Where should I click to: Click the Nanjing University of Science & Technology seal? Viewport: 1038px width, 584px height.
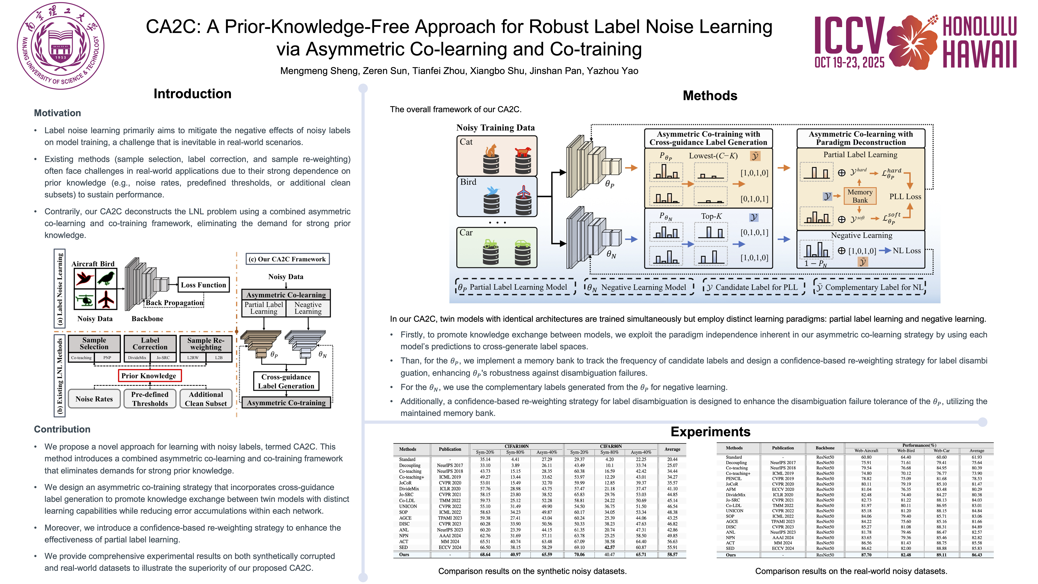(60, 46)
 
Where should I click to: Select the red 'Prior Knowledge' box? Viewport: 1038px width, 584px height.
(149, 376)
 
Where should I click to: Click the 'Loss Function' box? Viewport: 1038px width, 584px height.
(204, 285)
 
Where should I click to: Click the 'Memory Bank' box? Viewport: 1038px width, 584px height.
(860, 196)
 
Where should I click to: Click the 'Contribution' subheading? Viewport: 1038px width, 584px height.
(62, 429)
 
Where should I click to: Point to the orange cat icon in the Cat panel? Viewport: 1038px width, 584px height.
(491, 151)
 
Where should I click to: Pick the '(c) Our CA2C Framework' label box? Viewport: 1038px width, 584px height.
(287, 259)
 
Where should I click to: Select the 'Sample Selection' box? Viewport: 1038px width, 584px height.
(94, 343)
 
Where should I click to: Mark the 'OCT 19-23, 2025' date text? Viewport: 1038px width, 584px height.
(849, 62)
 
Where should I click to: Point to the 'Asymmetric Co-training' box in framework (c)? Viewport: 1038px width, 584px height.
(286, 403)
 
